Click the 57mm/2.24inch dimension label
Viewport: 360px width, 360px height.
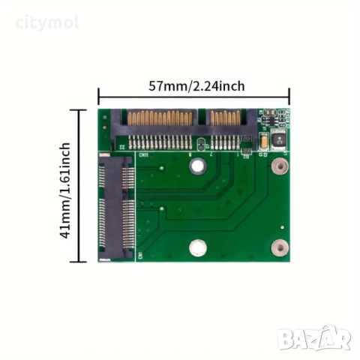[193, 85]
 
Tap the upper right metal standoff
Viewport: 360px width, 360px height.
[280, 169]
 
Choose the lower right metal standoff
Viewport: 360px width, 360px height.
[280, 244]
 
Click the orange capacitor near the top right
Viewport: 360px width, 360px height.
[263, 139]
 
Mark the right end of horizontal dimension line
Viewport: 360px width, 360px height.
[289, 95]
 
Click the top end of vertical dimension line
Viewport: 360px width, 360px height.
[79, 109]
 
